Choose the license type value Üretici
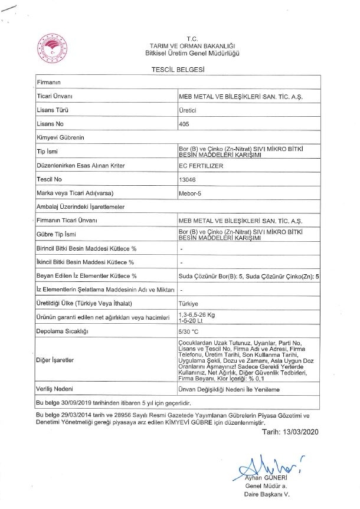coord(187,110)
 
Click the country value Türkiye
coord(188,304)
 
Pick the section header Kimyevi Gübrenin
coord(61,137)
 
